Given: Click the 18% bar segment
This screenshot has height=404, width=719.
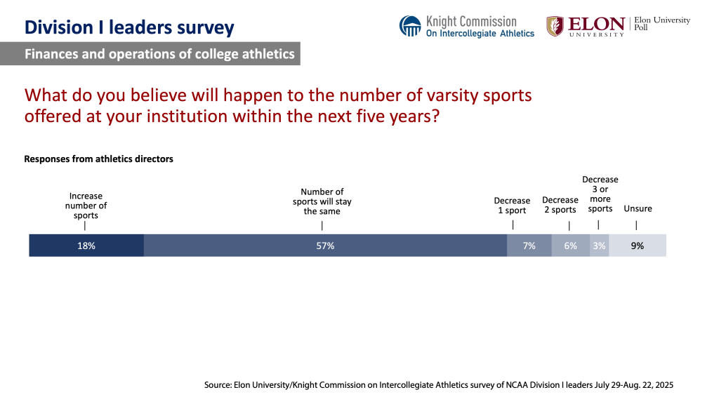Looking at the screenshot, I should click(x=86, y=245).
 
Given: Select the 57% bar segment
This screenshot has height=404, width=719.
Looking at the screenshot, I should click(x=325, y=245).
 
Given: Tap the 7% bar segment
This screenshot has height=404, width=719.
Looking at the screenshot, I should click(x=529, y=245).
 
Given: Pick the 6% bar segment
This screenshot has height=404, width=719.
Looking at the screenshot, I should click(x=570, y=245).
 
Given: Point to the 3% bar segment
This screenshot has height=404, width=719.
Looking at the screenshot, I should click(x=599, y=245).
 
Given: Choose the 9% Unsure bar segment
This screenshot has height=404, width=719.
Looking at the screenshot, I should click(x=637, y=245).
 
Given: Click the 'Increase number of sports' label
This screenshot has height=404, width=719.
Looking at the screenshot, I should click(x=86, y=206).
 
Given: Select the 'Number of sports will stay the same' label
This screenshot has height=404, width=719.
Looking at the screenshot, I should click(x=322, y=201).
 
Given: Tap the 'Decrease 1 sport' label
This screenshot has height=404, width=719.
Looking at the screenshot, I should click(x=512, y=206).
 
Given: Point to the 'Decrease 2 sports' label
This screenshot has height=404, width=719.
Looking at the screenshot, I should click(x=560, y=205).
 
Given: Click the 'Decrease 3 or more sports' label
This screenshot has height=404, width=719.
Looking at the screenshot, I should click(x=600, y=194).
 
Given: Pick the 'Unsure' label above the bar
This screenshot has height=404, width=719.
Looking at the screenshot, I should click(x=638, y=208).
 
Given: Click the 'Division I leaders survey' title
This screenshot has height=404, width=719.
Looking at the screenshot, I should click(x=129, y=27).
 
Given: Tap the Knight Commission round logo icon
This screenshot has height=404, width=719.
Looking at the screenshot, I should click(x=410, y=26).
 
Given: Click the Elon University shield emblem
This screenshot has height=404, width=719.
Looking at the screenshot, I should click(x=555, y=26).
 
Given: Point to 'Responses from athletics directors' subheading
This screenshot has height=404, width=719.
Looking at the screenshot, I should click(x=98, y=159).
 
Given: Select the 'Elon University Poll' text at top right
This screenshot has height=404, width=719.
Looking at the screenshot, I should click(x=661, y=23).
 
